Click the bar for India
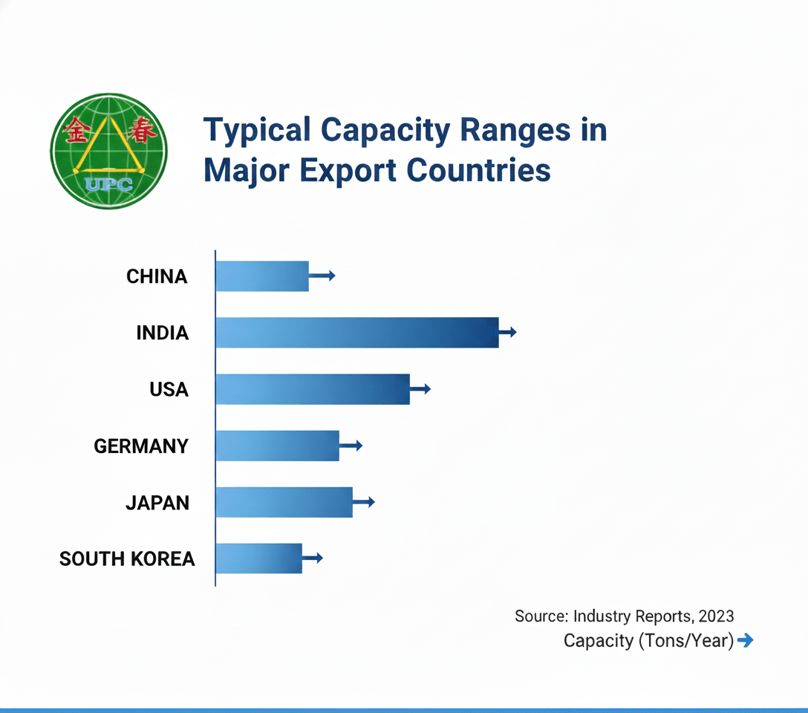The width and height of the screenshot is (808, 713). [356, 332]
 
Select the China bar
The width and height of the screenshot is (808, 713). [262, 276]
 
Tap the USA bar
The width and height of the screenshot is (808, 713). [313, 389]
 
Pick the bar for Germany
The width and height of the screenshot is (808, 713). [277, 446]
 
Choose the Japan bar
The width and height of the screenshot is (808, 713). [284, 502]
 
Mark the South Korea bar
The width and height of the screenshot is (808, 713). [258, 559]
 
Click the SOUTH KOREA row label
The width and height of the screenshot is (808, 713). [127, 559]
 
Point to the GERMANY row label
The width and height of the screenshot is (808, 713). [141, 446]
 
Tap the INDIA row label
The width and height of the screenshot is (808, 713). [163, 333]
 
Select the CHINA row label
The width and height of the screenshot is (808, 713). [157, 276]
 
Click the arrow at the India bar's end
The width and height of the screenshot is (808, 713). [508, 332]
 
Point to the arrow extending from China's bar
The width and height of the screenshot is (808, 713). [323, 276]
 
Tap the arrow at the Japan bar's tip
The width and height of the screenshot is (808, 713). [365, 502]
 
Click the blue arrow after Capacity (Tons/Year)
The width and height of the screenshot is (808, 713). [746, 640]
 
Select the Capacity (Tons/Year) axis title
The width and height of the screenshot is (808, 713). [648, 640]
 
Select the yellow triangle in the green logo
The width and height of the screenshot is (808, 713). [109, 149]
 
